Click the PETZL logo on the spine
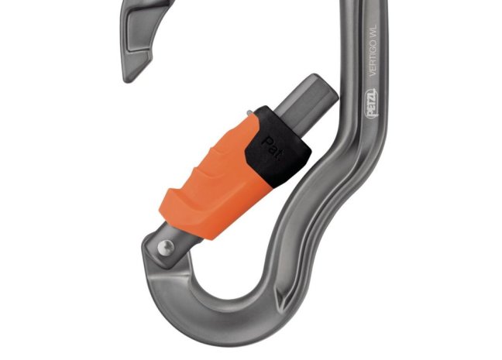point(372,105)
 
